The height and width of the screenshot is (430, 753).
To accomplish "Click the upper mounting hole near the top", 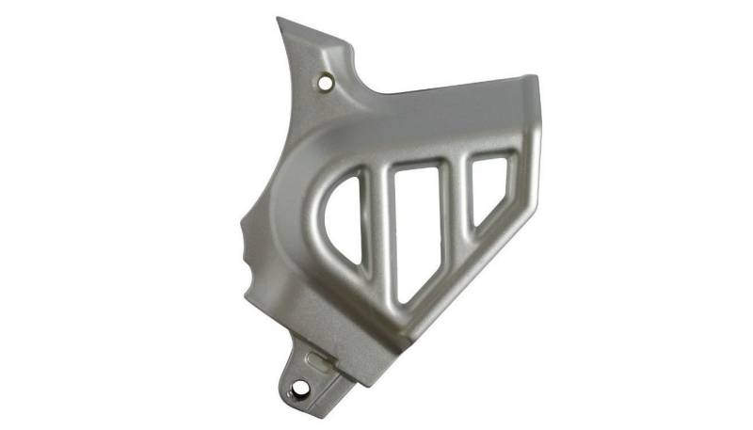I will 327,82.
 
